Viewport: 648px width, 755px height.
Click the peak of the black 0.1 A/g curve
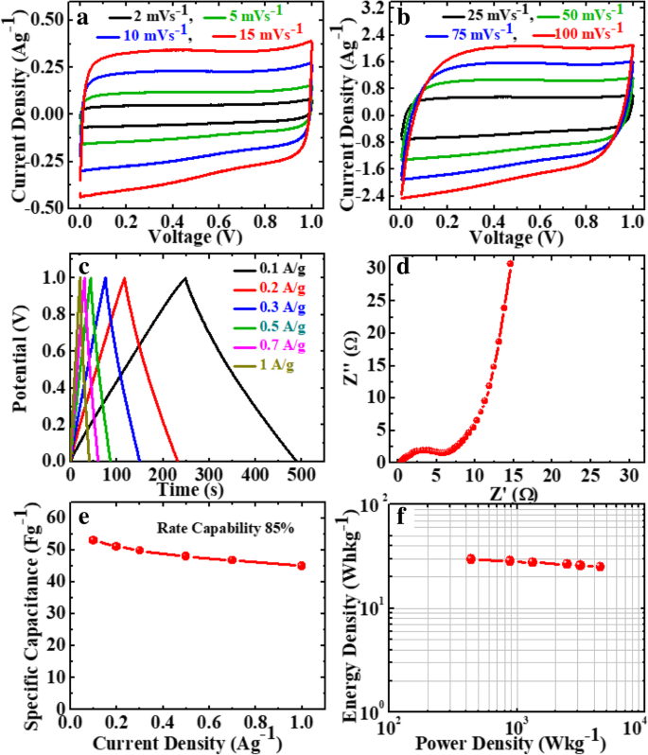point(185,277)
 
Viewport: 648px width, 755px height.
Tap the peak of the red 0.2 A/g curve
point(124,277)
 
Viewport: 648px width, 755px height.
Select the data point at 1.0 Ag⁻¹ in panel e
point(302,566)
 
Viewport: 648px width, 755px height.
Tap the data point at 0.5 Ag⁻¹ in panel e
point(185,556)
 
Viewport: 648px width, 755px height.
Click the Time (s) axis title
point(185,489)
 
